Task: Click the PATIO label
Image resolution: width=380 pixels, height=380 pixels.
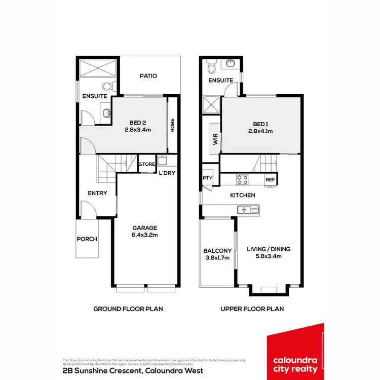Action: pyautogui.click(x=148, y=76)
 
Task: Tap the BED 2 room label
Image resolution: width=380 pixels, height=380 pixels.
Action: pyautogui.click(x=138, y=126)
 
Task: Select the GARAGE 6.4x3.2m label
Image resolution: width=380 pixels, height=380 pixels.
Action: pyautogui.click(x=145, y=231)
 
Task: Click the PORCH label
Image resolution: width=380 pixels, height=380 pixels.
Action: pyautogui.click(x=87, y=239)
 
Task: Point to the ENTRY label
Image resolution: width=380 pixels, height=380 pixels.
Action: pyautogui.click(x=97, y=193)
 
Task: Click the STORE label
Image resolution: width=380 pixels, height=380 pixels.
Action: pyautogui.click(x=147, y=164)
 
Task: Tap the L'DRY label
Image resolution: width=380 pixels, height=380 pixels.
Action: pyautogui.click(x=167, y=173)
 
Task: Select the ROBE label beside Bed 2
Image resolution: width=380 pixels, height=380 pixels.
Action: pyautogui.click(x=172, y=125)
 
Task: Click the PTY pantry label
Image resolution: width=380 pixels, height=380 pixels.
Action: pyautogui.click(x=207, y=178)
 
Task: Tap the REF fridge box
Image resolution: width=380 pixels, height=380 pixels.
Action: pyautogui.click(x=270, y=179)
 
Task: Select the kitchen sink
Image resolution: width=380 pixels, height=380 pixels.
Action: pyautogui.click(x=248, y=209)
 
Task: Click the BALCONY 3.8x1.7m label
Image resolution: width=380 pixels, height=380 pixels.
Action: pyautogui.click(x=217, y=254)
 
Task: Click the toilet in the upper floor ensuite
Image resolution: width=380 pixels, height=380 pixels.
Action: pyautogui.click(x=212, y=67)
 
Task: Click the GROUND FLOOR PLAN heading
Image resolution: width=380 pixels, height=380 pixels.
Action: pyautogui.click(x=128, y=309)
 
